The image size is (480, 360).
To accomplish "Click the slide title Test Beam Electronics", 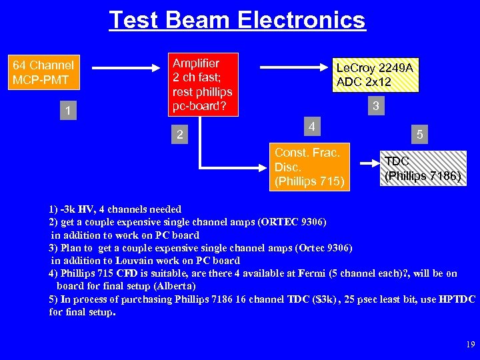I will point(237,20).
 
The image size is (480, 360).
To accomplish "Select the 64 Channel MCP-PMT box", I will point(44,73).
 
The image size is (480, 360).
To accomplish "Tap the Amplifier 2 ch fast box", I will point(202,85).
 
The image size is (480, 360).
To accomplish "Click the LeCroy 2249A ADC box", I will point(376,75).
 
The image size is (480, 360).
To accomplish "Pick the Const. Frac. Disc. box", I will point(309,166).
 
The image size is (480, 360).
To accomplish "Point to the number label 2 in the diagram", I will point(179,134).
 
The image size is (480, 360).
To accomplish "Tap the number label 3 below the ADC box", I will point(377,105).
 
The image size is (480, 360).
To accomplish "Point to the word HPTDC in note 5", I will point(457,299).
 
